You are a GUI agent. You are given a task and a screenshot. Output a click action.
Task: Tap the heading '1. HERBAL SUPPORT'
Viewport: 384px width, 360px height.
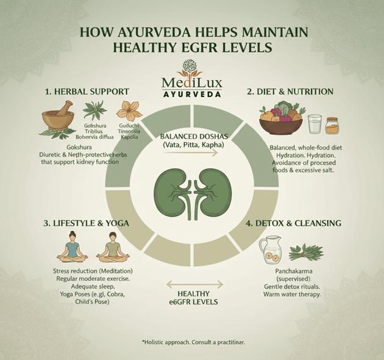pyautogui.click(x=87, y=92)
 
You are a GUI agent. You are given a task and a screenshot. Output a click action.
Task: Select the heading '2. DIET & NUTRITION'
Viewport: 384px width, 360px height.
pyautogui.click(x=290, y=92)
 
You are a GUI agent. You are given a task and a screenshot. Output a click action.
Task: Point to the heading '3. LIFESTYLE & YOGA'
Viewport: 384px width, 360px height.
pyautogui.click(x=86, y=223)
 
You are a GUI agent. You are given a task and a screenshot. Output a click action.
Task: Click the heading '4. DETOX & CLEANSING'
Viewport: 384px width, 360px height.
pyautogui.click(x=294, y=223)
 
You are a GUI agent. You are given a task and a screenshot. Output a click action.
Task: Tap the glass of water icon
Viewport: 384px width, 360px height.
pyautogui.click(x=315, y=124)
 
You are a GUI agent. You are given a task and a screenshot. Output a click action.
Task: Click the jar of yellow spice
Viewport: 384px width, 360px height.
pyautogui.click(x=332, y=126)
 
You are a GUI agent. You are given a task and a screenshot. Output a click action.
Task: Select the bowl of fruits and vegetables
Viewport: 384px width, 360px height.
pyautogui.click(x=281, y=120)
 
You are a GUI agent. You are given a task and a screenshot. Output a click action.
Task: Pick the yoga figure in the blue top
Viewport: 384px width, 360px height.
pyautogui.click(x=73, y=247)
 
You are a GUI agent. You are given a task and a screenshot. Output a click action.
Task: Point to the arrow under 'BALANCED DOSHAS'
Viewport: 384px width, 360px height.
pyautogui.click(x=191, y=153)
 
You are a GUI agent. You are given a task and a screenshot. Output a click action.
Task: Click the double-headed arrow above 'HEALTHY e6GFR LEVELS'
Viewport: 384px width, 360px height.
pyautogui.click(x=194, y=284)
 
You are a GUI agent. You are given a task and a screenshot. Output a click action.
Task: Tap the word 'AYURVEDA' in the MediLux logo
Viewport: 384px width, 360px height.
pyautogui.click(x=192, y=94)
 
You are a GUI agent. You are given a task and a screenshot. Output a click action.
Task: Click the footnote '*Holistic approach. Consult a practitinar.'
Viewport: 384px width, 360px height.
pyautogui.click(x=193, y=342)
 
